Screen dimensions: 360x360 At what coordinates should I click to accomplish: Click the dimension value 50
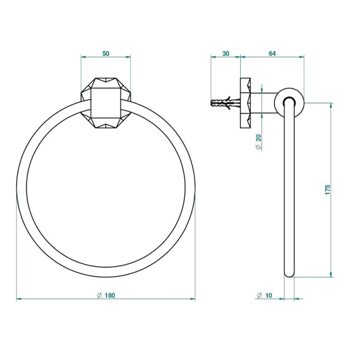(106, 53)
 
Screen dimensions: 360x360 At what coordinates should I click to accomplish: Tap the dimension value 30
(226, 53)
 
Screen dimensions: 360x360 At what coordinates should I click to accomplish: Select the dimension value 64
(272, 53)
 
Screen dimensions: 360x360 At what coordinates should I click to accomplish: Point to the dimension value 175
(328, 190)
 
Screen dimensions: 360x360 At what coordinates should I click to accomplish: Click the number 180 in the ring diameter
(110, 295)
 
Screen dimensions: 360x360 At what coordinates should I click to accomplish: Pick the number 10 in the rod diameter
(268, 295)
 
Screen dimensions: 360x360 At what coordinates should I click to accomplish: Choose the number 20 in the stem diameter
(259, 138)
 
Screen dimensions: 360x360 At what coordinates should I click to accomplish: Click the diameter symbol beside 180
(99, 295)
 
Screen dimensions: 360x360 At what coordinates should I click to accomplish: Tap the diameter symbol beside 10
(259, 295)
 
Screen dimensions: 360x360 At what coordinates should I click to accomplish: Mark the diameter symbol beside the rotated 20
(259, 147)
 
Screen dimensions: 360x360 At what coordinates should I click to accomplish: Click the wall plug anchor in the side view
(225, 103)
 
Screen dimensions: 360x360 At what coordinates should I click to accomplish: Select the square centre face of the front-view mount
(105, 103)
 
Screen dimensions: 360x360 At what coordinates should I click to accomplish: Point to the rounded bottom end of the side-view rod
(289, 274)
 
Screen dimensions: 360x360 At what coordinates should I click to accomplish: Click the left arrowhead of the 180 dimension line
(19, 299)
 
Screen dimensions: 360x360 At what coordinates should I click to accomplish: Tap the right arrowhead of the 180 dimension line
(192, 299)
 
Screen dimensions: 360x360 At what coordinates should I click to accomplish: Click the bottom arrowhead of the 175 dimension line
(331, 274)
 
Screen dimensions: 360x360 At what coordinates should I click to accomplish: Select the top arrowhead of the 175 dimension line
(331, 105)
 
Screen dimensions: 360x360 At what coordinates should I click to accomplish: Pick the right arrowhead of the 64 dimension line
(301, 57)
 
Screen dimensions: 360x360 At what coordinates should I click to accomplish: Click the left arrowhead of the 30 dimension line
(213, 57)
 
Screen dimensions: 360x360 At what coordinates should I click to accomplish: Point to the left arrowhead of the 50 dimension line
(84, 57)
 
